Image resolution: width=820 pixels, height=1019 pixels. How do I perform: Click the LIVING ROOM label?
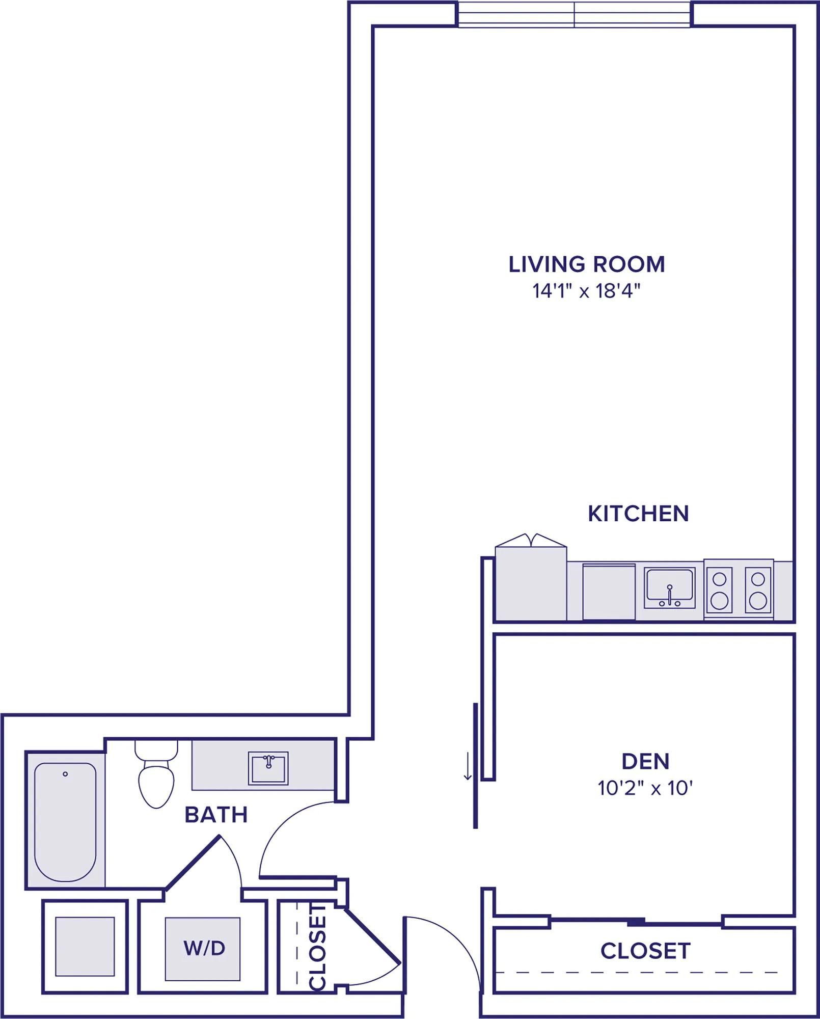[587, 264]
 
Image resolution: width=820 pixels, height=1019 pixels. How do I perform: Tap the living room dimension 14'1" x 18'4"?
[586, 291]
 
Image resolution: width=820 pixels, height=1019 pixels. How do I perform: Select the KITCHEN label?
[638, 514]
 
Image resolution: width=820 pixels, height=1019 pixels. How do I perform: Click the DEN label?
[645, 761]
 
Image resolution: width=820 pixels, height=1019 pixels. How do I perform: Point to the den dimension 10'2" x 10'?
[645, 788]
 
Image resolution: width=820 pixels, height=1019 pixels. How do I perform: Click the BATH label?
[216, 815]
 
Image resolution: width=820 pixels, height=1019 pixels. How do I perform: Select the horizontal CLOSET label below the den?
[645, 951]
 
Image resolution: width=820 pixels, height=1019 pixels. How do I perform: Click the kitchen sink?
[670, 588]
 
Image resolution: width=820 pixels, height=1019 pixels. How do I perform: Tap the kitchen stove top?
[739, 589]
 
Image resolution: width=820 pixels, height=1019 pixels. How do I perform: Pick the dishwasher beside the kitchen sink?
[609, 592]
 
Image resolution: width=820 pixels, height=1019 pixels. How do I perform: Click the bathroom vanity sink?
[268, 768]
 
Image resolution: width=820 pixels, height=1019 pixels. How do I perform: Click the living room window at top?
[575, 14]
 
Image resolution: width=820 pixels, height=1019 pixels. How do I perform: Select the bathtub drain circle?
[65, 774]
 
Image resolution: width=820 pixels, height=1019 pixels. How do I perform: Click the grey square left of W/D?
[85, 946]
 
